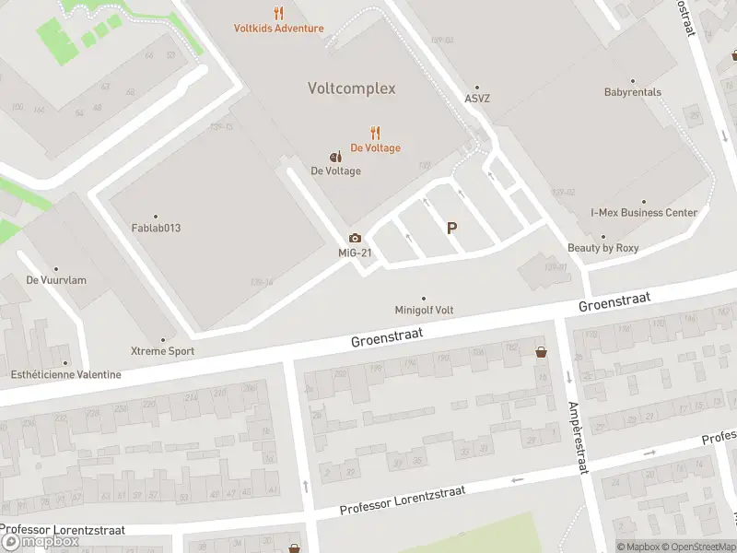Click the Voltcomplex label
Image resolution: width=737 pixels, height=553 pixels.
351,88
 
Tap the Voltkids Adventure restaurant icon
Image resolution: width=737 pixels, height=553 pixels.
278,13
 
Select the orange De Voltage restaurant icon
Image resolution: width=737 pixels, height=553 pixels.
375,133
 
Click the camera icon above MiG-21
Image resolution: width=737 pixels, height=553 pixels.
355,238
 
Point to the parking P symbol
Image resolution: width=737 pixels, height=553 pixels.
451,228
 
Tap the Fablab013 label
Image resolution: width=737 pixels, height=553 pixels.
156,228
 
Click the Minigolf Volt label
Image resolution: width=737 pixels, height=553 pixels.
424,311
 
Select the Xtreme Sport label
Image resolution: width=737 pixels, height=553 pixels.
162,351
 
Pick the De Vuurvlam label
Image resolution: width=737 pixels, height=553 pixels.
56,279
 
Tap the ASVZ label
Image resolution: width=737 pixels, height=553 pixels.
477,98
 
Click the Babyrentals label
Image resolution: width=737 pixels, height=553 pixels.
632,92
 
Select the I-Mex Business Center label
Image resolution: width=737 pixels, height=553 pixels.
644,212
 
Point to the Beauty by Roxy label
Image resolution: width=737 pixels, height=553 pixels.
602,248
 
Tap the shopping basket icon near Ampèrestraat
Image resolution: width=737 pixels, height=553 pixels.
541,351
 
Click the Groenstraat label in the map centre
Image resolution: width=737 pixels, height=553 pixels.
386,336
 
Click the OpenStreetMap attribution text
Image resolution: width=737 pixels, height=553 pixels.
698,547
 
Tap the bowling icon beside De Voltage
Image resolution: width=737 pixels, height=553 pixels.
335,156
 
